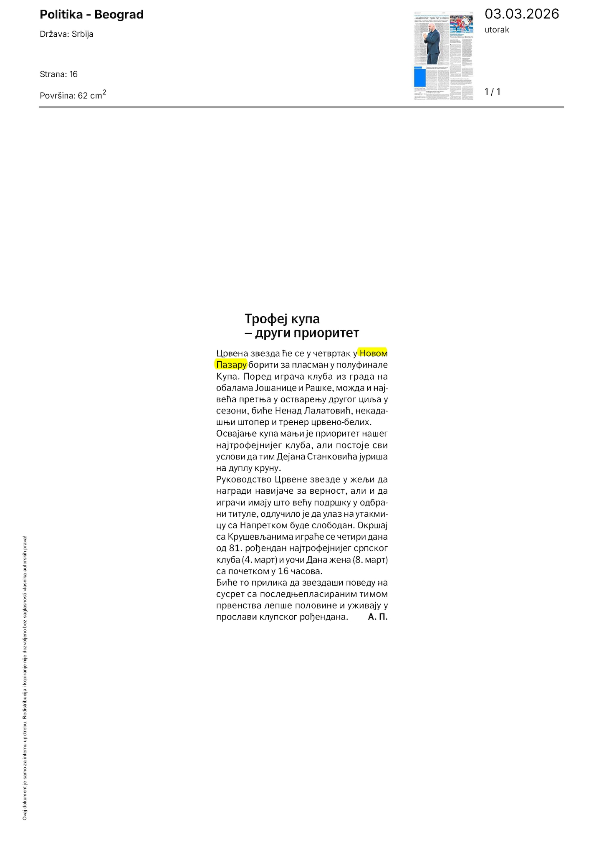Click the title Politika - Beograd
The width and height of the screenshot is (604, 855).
(91, 15)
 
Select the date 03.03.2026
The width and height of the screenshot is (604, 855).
(521, 14)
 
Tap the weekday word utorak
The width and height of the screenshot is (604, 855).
(497, 30)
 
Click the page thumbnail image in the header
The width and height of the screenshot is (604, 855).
(443, 56)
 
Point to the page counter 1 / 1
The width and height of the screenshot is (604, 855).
(492, 92)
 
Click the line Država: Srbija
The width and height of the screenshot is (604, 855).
(66, 34)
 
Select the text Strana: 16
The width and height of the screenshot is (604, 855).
(58, 74)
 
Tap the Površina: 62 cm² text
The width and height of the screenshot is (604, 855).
(73, 95)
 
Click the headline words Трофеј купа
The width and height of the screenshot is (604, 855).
(282, 319)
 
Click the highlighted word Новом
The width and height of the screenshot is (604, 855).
(374, 353)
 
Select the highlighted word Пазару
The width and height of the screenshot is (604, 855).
(231, 365)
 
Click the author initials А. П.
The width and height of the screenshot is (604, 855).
(378, 617)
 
